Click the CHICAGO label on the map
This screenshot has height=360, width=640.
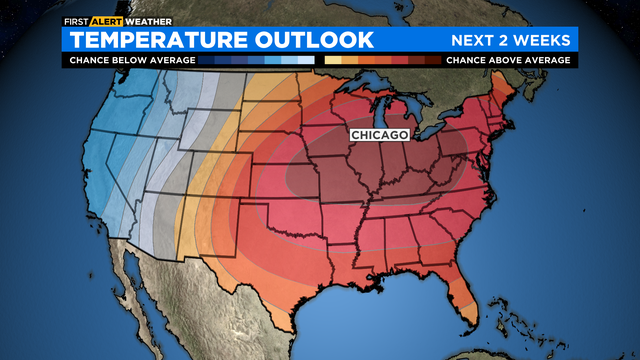pos(378,134)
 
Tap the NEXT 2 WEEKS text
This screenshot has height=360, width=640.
pos(510,40)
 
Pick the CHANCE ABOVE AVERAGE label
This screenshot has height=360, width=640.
pos(509,60)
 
